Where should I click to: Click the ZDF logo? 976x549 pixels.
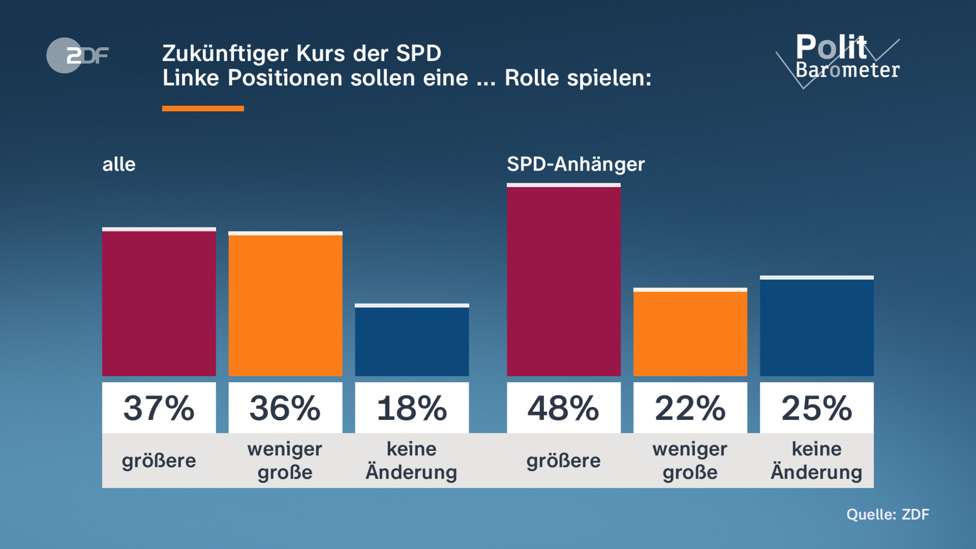(77, 55)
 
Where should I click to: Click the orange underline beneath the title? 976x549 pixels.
(203, 109)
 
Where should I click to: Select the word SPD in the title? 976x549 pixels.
(418, 53)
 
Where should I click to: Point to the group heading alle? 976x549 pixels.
(119, 164)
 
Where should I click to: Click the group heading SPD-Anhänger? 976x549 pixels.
(575, 164)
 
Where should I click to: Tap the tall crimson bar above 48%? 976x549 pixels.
(564, 280)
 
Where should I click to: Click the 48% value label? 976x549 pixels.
(564, 408)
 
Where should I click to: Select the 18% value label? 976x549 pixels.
(412, 408)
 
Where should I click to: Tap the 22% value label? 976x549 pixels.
(690, 408)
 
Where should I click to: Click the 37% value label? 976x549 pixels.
(159, 408)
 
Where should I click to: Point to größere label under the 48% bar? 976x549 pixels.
(564, 461)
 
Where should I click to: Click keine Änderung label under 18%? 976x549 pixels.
(412, 461)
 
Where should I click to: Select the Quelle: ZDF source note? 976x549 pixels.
(888, 514)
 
